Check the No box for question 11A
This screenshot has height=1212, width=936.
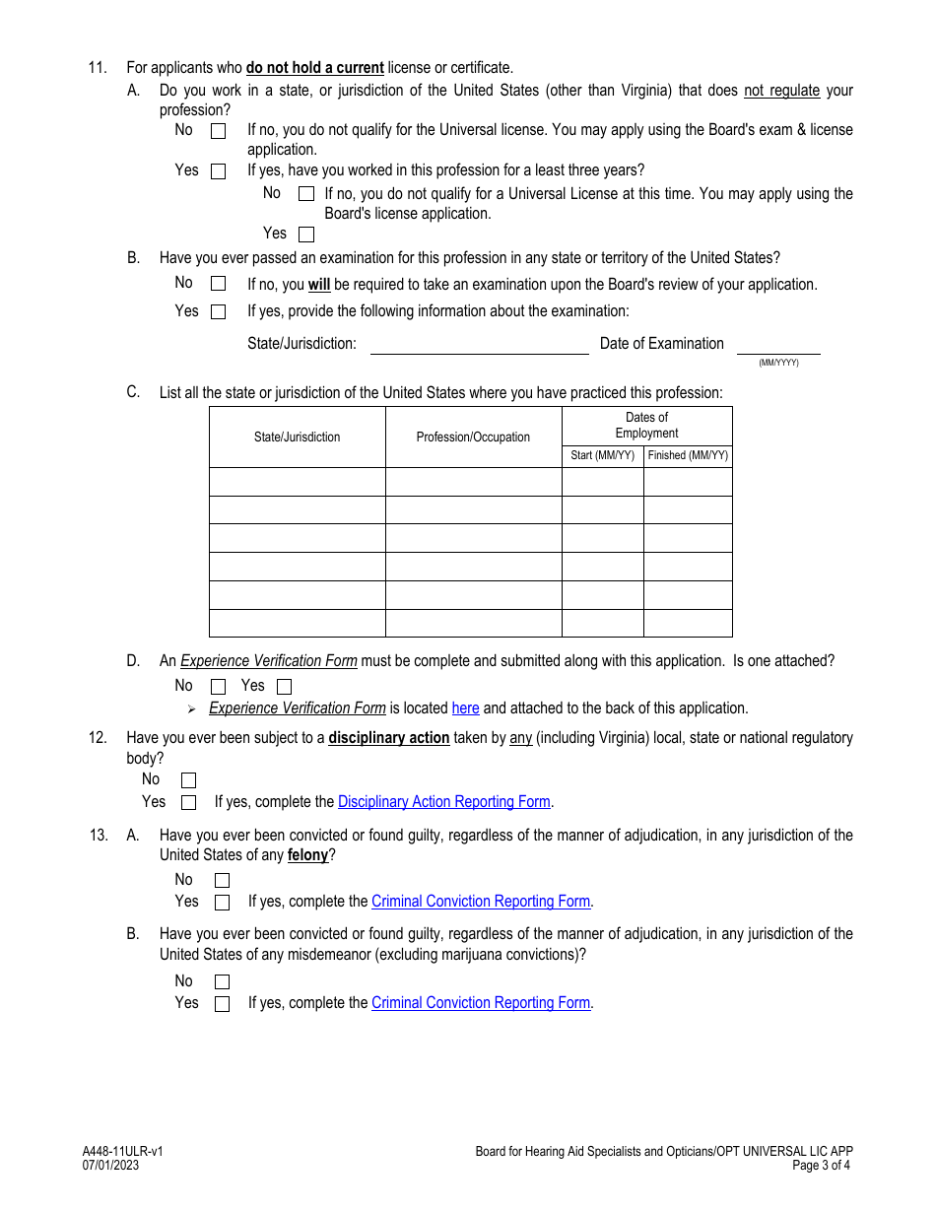click(218, 130)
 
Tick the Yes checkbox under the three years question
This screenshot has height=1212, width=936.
click(306, 235)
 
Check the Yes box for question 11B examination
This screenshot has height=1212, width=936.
click(218, 311)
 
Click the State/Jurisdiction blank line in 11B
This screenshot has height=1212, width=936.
click(479, 346)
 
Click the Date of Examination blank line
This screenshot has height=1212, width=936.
click(777, 346)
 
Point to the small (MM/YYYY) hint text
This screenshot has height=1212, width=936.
click(778, 363)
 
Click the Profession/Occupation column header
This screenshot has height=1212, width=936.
click(473, 438)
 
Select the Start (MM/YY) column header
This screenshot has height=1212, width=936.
click(602, 455)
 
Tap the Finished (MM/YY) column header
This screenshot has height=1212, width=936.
click(688, 455)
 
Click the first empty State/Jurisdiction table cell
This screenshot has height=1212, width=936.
click(297, 482)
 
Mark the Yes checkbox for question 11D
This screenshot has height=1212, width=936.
click(284, 687)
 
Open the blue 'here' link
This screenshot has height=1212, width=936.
click(465, 708)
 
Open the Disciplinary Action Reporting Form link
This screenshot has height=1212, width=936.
click(443, 802)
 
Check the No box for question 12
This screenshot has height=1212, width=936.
click(188, 780)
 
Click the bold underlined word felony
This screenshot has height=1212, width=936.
click(307, 855)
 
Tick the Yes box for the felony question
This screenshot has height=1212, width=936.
click(222, 903)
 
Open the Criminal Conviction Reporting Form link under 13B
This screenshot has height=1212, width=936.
click(480, 1003)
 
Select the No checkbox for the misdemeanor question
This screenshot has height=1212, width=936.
click(222, 981)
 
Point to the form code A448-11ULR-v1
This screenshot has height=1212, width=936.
click(123, 1151)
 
